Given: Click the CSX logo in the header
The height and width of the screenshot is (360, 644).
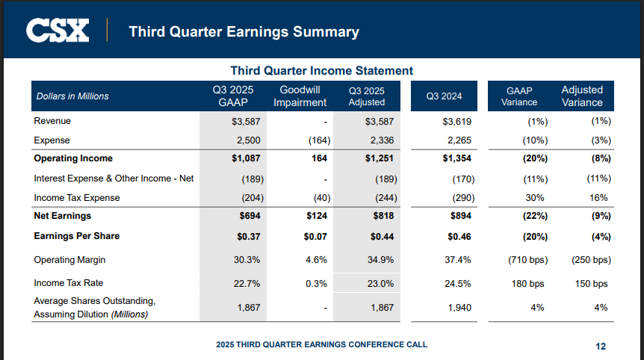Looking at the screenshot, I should (x=58, y=31).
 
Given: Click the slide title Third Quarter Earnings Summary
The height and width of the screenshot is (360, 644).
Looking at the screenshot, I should (x=244, y=31).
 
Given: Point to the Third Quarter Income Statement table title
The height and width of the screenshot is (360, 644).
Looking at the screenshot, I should (x=321, y=70).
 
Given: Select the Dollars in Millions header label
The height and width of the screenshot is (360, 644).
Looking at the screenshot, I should (x=72, y=96).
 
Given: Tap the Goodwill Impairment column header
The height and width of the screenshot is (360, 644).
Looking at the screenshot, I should (x=300, y=96).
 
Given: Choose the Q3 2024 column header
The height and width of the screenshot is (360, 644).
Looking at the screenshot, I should (x=444, y=96).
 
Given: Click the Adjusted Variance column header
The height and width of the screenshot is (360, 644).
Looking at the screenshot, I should (x=582, y=96).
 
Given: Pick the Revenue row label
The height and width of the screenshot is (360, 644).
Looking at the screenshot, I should (x=52, y=121).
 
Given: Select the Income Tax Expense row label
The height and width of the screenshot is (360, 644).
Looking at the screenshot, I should (x=77, y=198).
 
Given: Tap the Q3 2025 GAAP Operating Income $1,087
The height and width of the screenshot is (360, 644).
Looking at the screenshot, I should (x=244, y=158).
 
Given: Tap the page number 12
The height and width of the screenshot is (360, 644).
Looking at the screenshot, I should (x=601, y=346).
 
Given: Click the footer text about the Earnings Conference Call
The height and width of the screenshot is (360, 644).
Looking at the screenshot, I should (x=321, y=344).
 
